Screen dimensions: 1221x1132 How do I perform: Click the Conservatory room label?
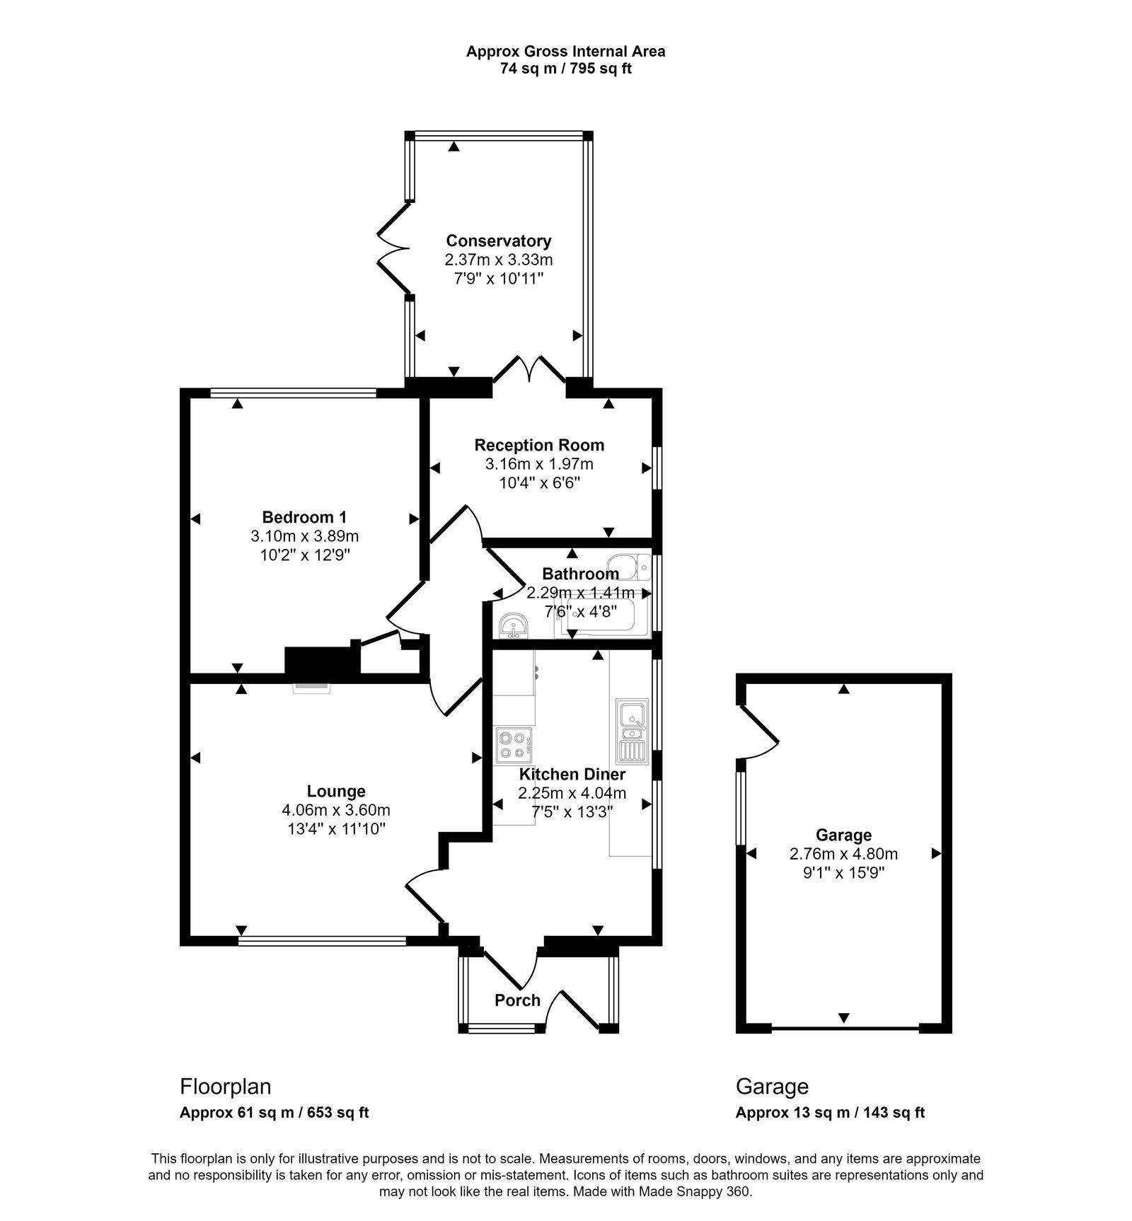[498, 241]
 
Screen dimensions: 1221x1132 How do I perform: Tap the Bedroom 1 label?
[304, 516]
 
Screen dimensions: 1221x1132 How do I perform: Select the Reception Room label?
[539, 445]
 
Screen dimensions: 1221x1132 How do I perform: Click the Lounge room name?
[336, 791]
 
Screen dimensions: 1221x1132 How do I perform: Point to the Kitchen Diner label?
[572, 775]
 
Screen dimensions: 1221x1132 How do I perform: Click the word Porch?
[517, 1000]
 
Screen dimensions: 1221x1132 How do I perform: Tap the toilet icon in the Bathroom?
[634, 566]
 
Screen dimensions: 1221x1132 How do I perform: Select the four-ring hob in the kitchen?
[514, 745]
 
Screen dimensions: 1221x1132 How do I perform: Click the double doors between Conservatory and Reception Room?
[529, 371]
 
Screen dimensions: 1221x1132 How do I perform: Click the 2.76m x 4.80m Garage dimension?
[843, 855]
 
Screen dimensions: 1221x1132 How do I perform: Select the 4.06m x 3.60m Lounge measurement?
[336, 810]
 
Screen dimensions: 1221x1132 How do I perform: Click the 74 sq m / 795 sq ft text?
[565, 69]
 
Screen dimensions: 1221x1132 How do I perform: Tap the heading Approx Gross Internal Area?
[565, 51]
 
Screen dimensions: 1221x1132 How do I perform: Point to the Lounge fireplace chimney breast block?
[322, 661]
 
